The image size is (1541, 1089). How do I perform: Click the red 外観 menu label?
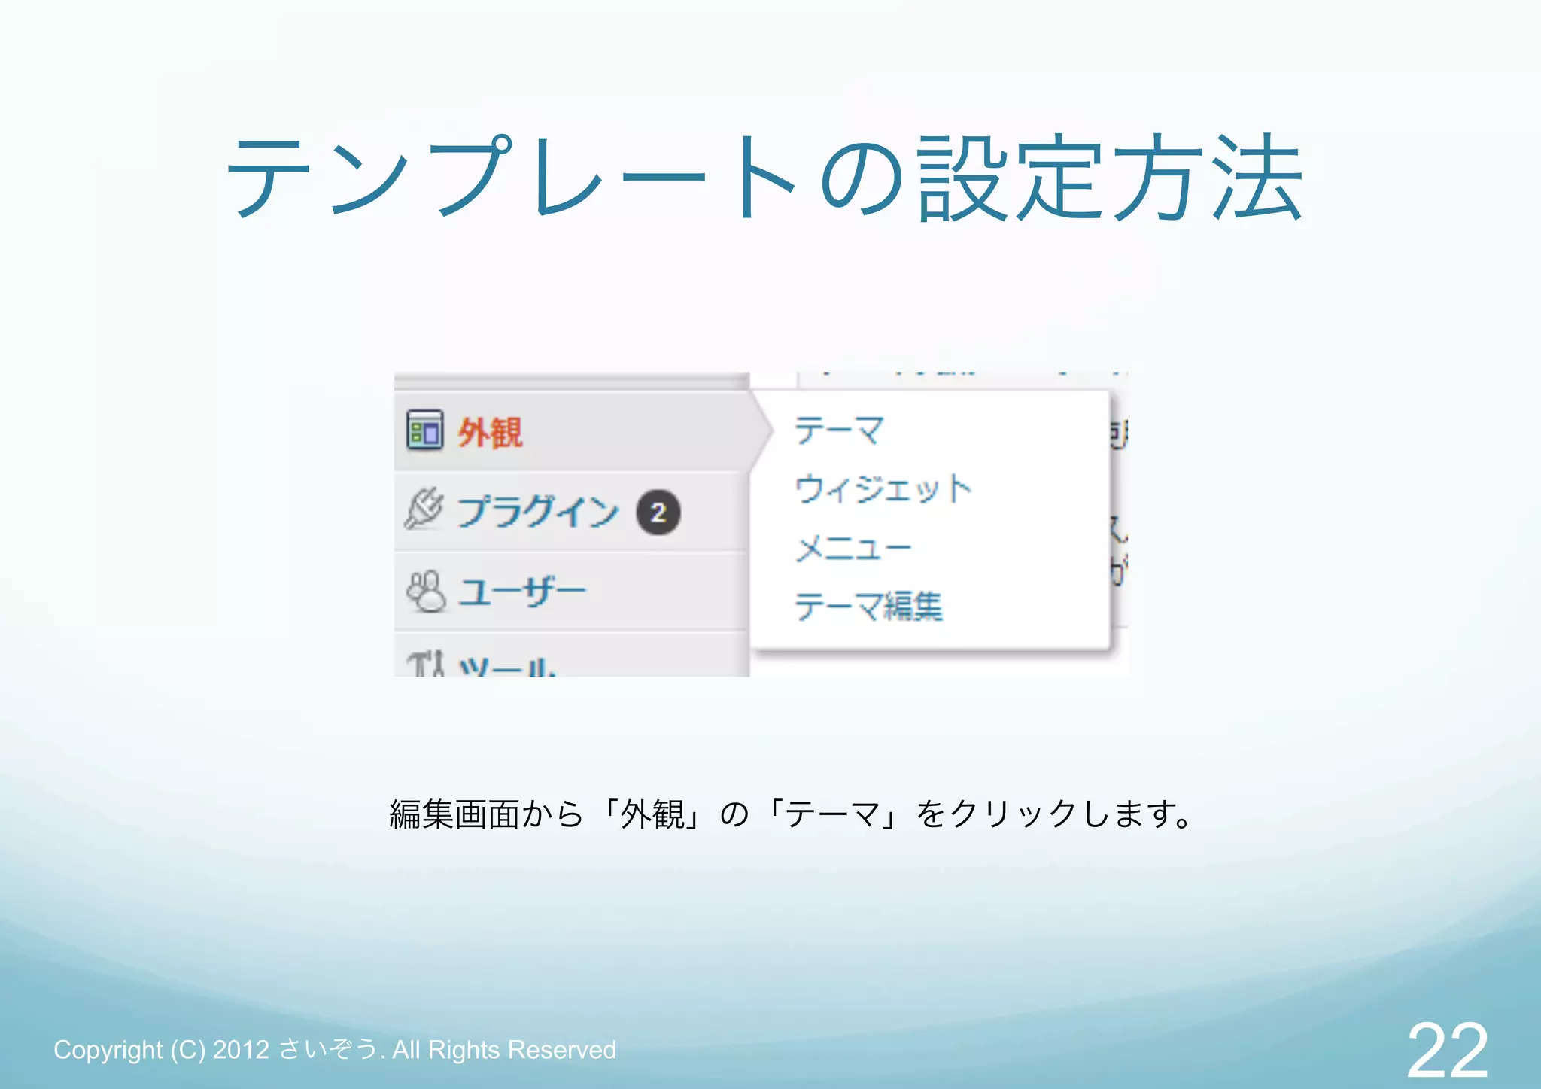pyautogui.click(x=490, y=433)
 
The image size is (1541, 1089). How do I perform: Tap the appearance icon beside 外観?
pyautogui.click(x=424, y=430)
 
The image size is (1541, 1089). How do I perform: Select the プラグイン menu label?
pyautogui.click(x=537, y=512)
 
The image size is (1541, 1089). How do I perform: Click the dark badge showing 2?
pyautogui.click(x=658, y=513)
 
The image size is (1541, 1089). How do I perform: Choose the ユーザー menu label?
pyautogui.click(x=522, y=592)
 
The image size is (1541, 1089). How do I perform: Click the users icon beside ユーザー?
pyautogui.click(x=426, y=592)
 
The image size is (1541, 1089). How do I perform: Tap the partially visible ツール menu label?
pyautogui.click(x=508, y=667)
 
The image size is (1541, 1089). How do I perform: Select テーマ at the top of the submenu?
pyautogui.click(x=839, y=430)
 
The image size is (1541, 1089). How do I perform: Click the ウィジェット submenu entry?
pyautogui.click(x=883, y=489)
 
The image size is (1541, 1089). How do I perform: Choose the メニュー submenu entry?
pyautogui.click(x=853, y=548)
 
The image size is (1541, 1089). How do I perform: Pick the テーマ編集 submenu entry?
pyautogui.click(x=868, y=606)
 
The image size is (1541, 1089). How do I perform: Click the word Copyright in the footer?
pyautogui.click(x=108, y=1050)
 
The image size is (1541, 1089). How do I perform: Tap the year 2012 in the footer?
pyautogui.click(x=241, y=1050)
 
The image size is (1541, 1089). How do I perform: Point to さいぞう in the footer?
pyautogui.click(x=328, y=1049)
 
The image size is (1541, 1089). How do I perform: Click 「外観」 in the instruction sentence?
pyautogui.click(x=652, y=814)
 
